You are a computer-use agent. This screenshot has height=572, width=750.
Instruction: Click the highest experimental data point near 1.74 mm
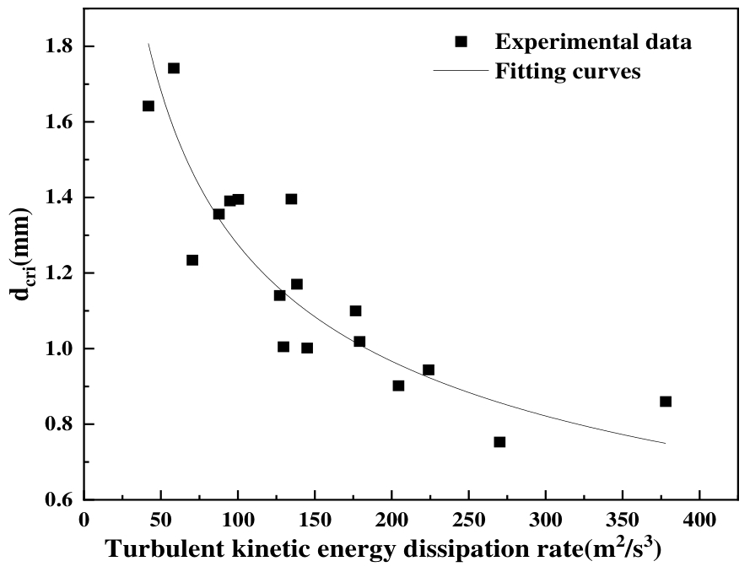pyautogui.click(x=174, y=68)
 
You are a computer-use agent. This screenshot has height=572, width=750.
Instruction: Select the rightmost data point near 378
pyautogui.click(x=666, y=402)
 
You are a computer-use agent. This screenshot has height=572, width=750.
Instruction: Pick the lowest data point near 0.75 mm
pyautogui.click(x=499, y=442)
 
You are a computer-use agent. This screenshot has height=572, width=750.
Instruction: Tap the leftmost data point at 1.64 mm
pyautogui.click(x=148, y=106)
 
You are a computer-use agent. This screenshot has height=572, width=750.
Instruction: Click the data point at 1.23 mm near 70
pyautogui.click(x=192, y=260)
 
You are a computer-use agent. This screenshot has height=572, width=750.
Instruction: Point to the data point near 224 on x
pyautogui.click(x=429, y=370)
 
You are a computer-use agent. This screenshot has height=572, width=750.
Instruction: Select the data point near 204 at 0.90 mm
pyautogui.click(x=398, y=386)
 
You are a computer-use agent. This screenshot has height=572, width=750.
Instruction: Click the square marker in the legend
pyautogui.click(x=460, y=42)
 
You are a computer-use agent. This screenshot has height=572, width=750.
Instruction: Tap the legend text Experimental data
pyautogui.click(x=593, y=42)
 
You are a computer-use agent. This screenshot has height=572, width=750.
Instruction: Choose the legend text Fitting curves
pyautogui.click(x=568, y=71)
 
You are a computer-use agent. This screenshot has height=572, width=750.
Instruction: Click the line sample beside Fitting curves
pyautogui.click(x=460, y=71)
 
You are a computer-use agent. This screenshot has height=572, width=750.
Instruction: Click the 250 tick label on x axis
pyautogui.click(x=468, y=521)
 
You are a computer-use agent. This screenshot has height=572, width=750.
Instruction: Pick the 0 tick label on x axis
pyautogui.click(x=84, y=521)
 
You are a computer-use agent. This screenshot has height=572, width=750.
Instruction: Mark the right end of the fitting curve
pyautogui.click(x=666, y=443)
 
